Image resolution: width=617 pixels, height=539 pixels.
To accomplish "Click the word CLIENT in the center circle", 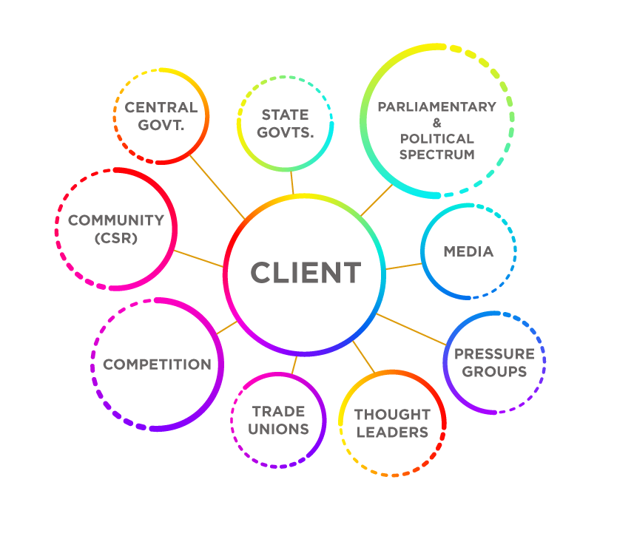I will pos(306,273).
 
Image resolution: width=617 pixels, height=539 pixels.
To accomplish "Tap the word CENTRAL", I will pos(161,107).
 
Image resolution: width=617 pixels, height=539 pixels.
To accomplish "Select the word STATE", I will pos(285,115).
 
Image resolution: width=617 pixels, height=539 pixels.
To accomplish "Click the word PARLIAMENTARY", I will pos(436,106).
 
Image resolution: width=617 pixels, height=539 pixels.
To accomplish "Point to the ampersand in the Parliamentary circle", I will pos(436,123).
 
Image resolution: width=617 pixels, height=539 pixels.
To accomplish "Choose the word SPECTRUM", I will pos(436,155).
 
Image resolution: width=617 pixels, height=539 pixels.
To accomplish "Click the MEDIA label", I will pos(468,251).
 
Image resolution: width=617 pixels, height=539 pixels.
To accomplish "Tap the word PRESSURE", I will pos(494,353).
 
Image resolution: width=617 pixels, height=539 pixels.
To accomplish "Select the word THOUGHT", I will pos(392,414).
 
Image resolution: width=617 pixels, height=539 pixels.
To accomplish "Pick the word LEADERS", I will pos(392,432).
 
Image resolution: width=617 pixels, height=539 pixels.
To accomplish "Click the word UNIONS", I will pos(278,429).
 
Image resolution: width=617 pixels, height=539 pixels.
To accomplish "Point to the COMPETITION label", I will pos(157,364).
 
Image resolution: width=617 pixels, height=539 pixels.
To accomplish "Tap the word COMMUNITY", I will pos(115,220).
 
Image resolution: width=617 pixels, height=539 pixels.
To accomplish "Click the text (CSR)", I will pos(115,238).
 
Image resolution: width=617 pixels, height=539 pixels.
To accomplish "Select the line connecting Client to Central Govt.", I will pos(217,186).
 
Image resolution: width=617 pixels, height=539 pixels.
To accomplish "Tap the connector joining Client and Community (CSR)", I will pos(198,259).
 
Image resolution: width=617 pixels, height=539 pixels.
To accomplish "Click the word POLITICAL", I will pos(436,138).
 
